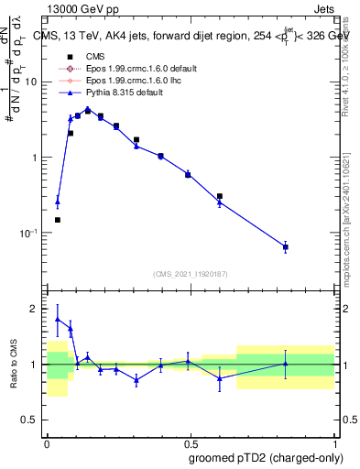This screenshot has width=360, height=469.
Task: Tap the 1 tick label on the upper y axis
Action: click(36, 157)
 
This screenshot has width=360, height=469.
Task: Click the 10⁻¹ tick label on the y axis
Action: click(31, 233)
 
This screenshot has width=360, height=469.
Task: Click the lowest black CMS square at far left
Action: click(58, 220)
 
